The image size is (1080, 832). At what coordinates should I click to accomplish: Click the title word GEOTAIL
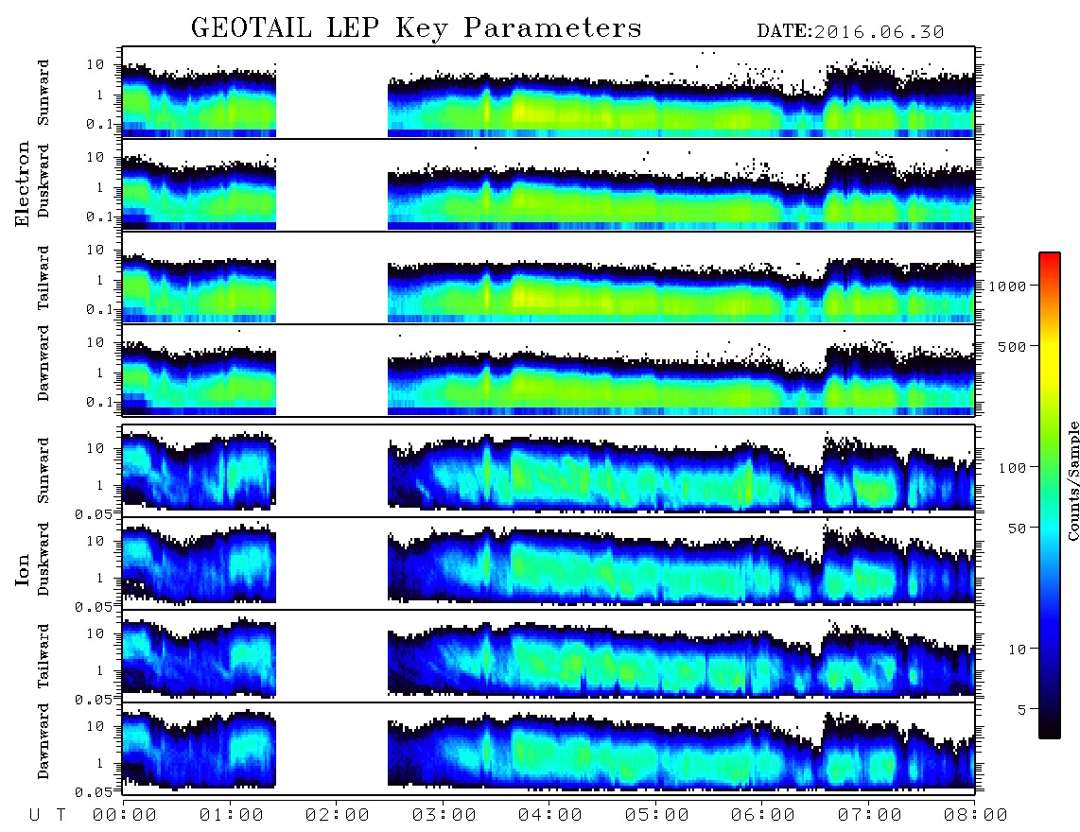pyautogui.click(x=252, y=27)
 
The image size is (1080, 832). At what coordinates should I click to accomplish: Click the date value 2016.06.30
pyautogui.click(x=879, y=32)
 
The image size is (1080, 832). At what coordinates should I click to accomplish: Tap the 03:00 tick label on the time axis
pyautogui.click(x=444, y=816)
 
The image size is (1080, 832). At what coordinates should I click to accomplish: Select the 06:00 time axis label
pyautogui.click(x=762, y=816)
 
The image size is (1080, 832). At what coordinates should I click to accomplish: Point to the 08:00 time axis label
pyautogui.click(x=975, y=816)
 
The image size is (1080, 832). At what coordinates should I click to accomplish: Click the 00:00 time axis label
pyautogui.click(x=125, y=816)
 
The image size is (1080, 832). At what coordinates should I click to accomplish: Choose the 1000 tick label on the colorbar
pyautogui.click(x=1007, y=286)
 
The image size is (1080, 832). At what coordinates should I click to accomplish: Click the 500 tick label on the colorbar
pyautogui.click(x=1012, y=346)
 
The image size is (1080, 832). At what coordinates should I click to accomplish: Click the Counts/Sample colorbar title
pyautogui.click(x=1072, y=480)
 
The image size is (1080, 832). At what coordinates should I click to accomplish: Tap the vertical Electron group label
pyautogui.click(x=22, y=183)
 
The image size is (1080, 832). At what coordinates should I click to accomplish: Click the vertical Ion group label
pyautogui.click(x=22, y=569)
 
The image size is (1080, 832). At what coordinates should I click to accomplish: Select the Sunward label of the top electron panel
pyautogui.click(x=44, y=93)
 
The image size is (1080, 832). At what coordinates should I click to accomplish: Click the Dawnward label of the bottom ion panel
pyautogui.click(x=44, y=740)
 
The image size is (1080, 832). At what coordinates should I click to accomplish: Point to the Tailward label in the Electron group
pyautogui.click(x=44, y=278)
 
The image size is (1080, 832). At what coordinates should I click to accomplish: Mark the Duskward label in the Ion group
pyautogui.click(x=44, y=559)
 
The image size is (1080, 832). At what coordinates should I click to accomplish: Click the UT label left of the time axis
pyautogui.click(x=47, y=816)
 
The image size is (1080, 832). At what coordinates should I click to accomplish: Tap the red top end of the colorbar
pyautogui.click(x=1050, y=256)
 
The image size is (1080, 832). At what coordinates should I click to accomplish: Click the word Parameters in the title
pyautogui.click(x=552, y=27)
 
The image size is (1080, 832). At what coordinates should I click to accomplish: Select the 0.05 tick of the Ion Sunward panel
pyautogui.click(x=93, y=513)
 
